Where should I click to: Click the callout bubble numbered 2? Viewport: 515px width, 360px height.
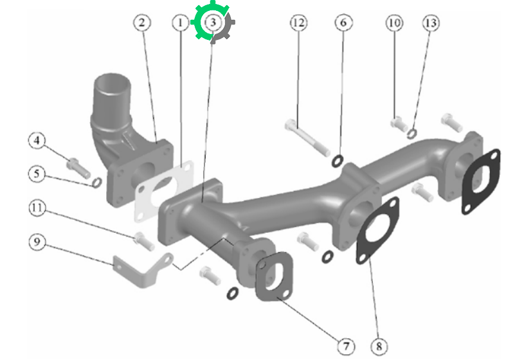[142, 22]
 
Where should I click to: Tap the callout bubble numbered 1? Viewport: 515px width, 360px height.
[180, 22]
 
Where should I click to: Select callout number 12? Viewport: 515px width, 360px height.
[298, 22]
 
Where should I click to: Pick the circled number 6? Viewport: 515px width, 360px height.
[343, 22]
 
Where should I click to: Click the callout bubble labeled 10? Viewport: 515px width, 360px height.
[394, 22]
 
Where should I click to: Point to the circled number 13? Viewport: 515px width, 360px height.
[431, 22]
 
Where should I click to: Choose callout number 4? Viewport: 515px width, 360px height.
[37, 140]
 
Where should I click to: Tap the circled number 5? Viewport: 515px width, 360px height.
[37, 174]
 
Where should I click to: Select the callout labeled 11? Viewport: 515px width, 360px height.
[37, 208]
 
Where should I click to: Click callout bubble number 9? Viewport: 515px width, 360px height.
[37, 242]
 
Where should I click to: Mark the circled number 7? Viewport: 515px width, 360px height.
[346, 346]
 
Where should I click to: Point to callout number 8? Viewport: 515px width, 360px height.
[379, 346]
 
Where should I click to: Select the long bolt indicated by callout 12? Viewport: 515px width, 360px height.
[307, 138]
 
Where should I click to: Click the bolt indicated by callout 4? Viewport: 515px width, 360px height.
[78, 168]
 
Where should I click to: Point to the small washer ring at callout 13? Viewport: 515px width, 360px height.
[412, 134]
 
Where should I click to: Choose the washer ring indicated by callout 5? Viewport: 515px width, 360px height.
[96, 183]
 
